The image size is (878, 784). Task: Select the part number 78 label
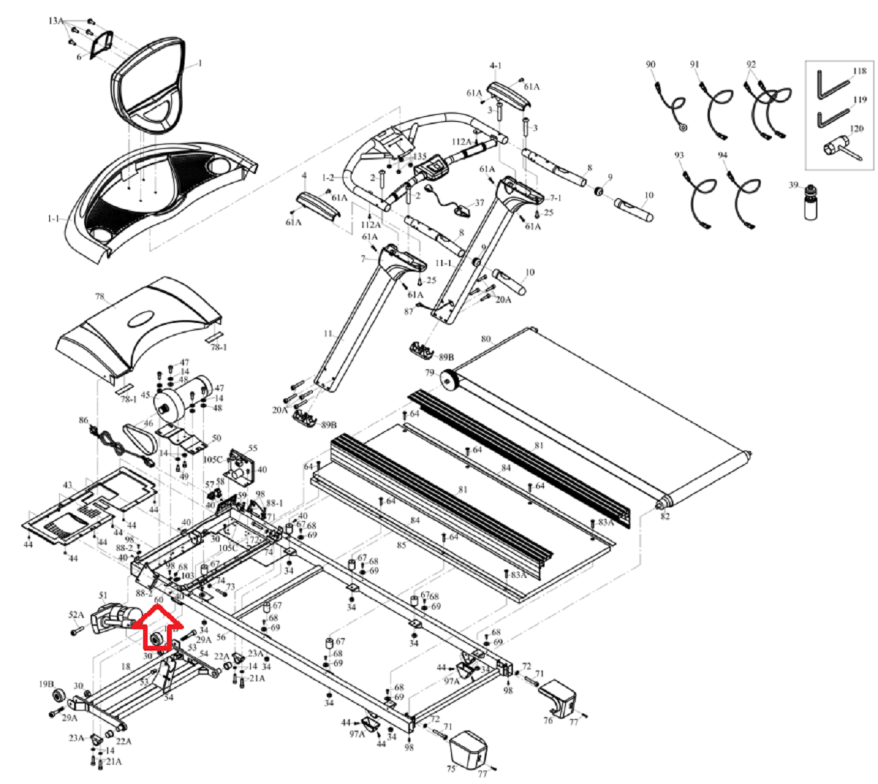(100, 296)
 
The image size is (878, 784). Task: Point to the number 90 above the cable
(651, 65)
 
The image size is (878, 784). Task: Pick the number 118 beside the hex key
(859, 71)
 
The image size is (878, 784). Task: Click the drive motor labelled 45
(182, 402)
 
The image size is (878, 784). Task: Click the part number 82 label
(665, 516)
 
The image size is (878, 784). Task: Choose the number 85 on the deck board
(401, 546)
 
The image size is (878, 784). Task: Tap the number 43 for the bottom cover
(67, 485)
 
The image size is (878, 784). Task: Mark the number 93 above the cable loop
(678, 155)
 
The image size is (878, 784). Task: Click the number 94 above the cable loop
(723, 155)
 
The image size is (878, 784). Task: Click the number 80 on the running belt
(485, 339)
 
